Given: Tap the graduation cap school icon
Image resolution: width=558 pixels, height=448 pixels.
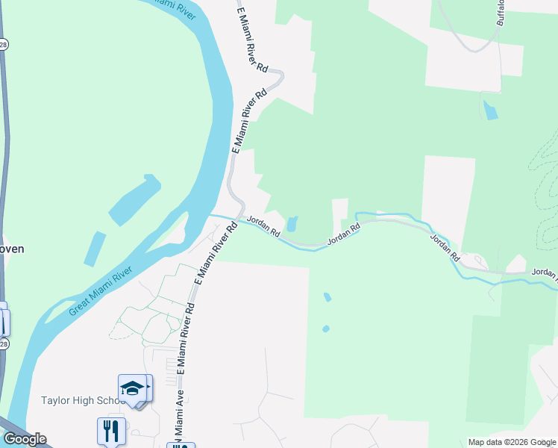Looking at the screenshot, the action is click(132, 388).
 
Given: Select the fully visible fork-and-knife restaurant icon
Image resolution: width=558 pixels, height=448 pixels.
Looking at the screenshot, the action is click(110, 431).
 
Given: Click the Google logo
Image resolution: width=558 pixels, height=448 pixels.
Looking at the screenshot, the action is click(25, 439).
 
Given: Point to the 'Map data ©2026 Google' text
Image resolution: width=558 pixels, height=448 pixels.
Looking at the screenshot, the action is click(512, 442).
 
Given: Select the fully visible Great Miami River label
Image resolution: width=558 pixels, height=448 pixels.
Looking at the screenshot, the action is click(102, 290).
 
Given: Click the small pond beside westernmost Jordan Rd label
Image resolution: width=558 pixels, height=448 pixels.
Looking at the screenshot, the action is click(292, 223).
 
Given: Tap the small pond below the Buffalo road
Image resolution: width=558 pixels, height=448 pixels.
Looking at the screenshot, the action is click(489, 111).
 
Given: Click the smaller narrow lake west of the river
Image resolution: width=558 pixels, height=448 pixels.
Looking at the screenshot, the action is click(94, 249).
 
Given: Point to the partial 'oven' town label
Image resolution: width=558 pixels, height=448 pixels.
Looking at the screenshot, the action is click(13, 249).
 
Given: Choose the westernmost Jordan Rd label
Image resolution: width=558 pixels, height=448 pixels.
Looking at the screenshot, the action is click(263, 226).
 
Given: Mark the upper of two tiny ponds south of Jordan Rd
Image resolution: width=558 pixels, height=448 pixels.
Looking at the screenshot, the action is click(327, 297).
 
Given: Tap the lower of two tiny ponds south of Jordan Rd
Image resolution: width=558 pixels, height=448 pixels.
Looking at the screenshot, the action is click(326, 329).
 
